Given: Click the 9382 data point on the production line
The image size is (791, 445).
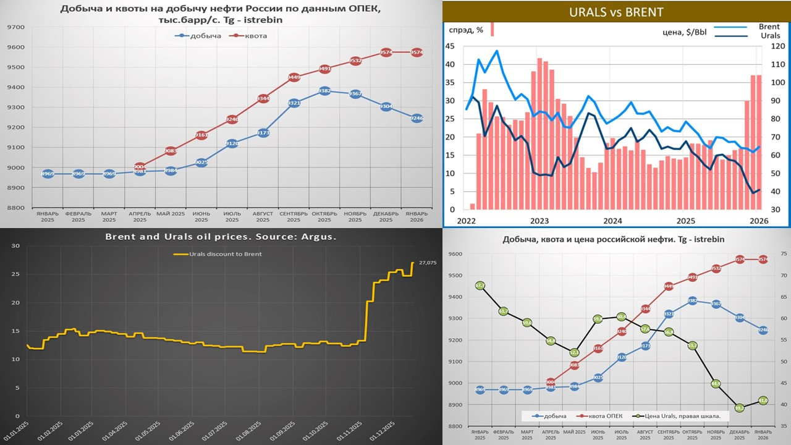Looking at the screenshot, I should click(x=324, y=91).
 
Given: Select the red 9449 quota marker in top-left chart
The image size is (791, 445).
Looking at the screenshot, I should click(x=294, y=77).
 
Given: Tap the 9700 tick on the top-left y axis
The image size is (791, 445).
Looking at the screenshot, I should click(x=16, y=27).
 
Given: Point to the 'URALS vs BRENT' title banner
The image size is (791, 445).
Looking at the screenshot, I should click(x=616, y=12).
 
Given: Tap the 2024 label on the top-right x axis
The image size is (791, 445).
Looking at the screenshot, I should click(x=612, y=221).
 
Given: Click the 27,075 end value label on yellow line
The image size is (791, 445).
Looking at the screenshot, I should click(x=428, y=263).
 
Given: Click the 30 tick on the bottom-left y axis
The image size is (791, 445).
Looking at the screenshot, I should click(x=17, y=246).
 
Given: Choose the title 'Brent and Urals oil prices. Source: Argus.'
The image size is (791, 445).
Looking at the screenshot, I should click(x=221, y=237).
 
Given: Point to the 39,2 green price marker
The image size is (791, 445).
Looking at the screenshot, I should click(x=739, y=408).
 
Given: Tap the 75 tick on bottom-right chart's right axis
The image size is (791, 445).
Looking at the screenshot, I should click(x=782, y=254).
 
